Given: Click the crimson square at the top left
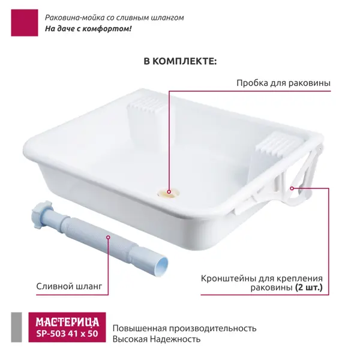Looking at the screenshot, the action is [25, 23].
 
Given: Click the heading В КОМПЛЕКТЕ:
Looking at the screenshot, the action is [180, 62].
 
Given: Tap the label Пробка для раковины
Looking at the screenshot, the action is [284, 83].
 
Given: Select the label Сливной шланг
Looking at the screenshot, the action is [69, 286].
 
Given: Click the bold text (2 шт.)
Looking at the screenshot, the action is [309, 287].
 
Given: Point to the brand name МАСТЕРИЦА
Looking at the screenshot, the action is [67, 322].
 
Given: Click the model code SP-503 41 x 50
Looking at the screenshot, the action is [67, 334].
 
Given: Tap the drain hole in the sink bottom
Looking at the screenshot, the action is [169, 193].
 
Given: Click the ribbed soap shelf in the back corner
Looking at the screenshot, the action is [146, 105].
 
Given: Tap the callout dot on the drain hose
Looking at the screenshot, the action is [108, 238].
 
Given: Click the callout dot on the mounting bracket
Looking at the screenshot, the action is [292, 188].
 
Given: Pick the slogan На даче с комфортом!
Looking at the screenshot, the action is [88, 29].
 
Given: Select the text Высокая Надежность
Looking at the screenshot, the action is [157, 339].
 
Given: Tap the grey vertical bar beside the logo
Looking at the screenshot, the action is [17, 327].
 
